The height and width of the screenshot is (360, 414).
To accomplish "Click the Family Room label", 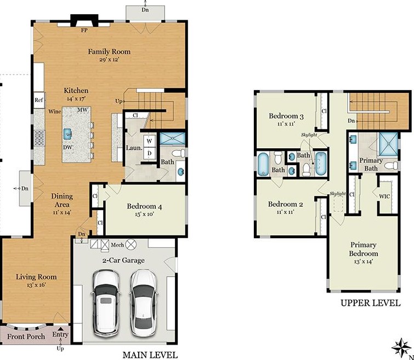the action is point(109,51).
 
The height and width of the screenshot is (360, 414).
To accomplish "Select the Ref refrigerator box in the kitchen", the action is point(39,100).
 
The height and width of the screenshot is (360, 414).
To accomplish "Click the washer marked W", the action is point(150,141).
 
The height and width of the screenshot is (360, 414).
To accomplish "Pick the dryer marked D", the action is point(150,153).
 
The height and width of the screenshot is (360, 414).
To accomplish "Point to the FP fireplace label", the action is point(84,30).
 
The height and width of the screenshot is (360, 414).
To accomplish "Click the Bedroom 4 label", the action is point(144,206).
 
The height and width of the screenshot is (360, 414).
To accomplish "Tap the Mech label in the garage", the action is point(117,245).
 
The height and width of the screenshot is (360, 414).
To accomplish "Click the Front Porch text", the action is point(26,336).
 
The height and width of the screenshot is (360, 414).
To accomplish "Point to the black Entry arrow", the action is point(60,329).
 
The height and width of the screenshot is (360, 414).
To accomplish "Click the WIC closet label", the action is point(384,196).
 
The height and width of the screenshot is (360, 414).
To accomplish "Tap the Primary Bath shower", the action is point(388,145).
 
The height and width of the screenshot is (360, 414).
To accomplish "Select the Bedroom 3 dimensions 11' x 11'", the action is point(286,123).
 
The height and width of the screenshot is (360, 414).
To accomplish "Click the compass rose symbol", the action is point(401,347).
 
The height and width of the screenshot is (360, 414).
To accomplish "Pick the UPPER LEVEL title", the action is point(371,303).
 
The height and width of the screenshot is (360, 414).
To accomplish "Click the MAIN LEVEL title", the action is point(150,355).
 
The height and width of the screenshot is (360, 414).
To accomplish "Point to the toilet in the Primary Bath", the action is point(391,166).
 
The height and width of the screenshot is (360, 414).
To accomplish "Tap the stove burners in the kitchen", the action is point(39,138).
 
